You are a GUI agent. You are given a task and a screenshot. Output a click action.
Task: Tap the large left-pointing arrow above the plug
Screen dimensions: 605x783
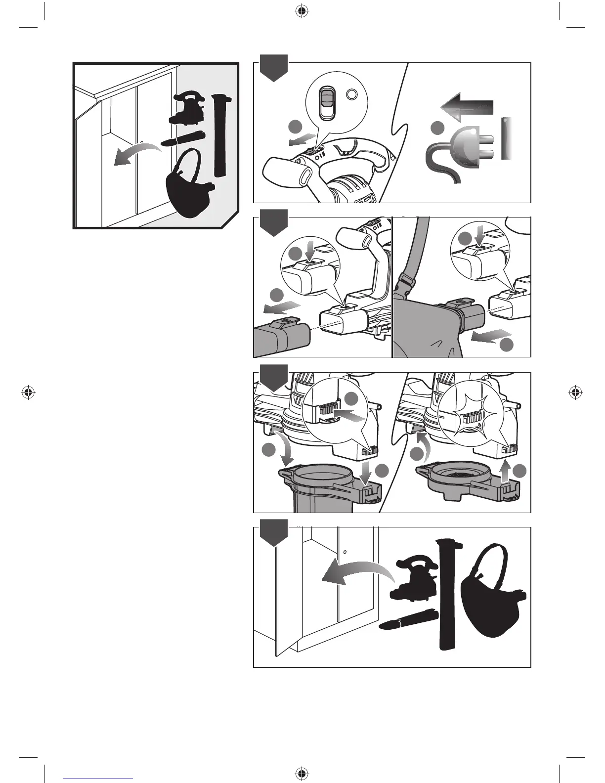click(466, 106)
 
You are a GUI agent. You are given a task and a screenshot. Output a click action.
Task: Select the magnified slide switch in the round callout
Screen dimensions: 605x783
click(325, 102)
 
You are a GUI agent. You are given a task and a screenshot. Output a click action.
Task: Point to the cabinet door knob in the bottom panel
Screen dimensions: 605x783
click(345, 552)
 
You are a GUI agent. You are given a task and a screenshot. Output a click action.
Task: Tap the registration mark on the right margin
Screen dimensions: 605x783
click(574, 392)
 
